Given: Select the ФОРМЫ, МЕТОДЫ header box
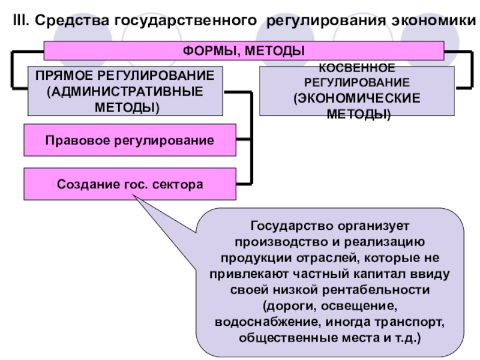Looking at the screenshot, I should click(x=243, y=50).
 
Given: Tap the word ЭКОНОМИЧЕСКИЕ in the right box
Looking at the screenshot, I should click(x=356, y=98).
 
